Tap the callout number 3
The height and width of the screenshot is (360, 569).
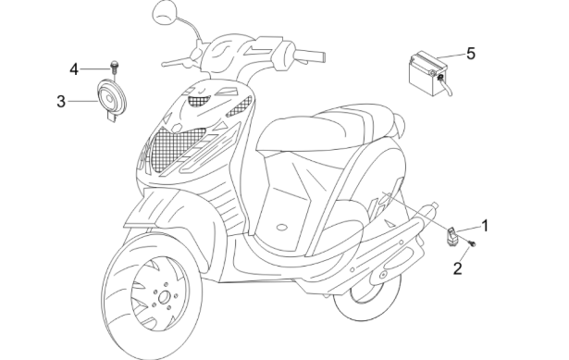(x=62, y=101)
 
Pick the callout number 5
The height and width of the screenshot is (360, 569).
(x=470, y=53)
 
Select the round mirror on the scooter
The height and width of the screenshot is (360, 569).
(x=167, y=13)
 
